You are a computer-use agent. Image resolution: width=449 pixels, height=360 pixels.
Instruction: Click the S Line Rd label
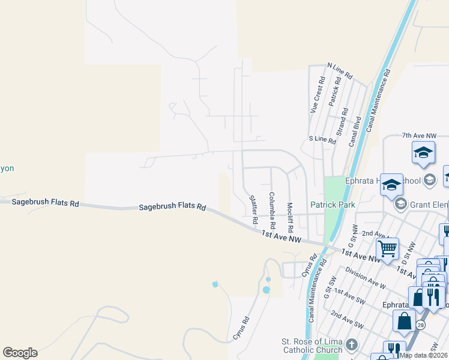coord(322,139)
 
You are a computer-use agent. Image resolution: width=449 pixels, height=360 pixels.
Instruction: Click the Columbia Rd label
coord(272,211)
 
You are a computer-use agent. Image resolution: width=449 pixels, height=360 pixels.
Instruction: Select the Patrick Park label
coord(333,205)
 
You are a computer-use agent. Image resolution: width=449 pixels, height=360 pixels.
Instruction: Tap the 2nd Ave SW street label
coord(346,319)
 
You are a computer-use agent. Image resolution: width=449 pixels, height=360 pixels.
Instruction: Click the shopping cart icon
coord(387,247)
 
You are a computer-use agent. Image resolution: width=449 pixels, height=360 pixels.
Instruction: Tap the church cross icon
coord(352,346)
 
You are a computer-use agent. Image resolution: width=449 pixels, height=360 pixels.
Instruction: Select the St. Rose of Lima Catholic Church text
coord(312,346)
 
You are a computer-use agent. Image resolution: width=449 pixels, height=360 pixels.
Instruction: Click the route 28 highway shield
coord(421,325)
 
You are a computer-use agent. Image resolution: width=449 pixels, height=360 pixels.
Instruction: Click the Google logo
coord(20,353)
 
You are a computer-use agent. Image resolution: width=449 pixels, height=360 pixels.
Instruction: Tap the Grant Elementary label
coord(429,205)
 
